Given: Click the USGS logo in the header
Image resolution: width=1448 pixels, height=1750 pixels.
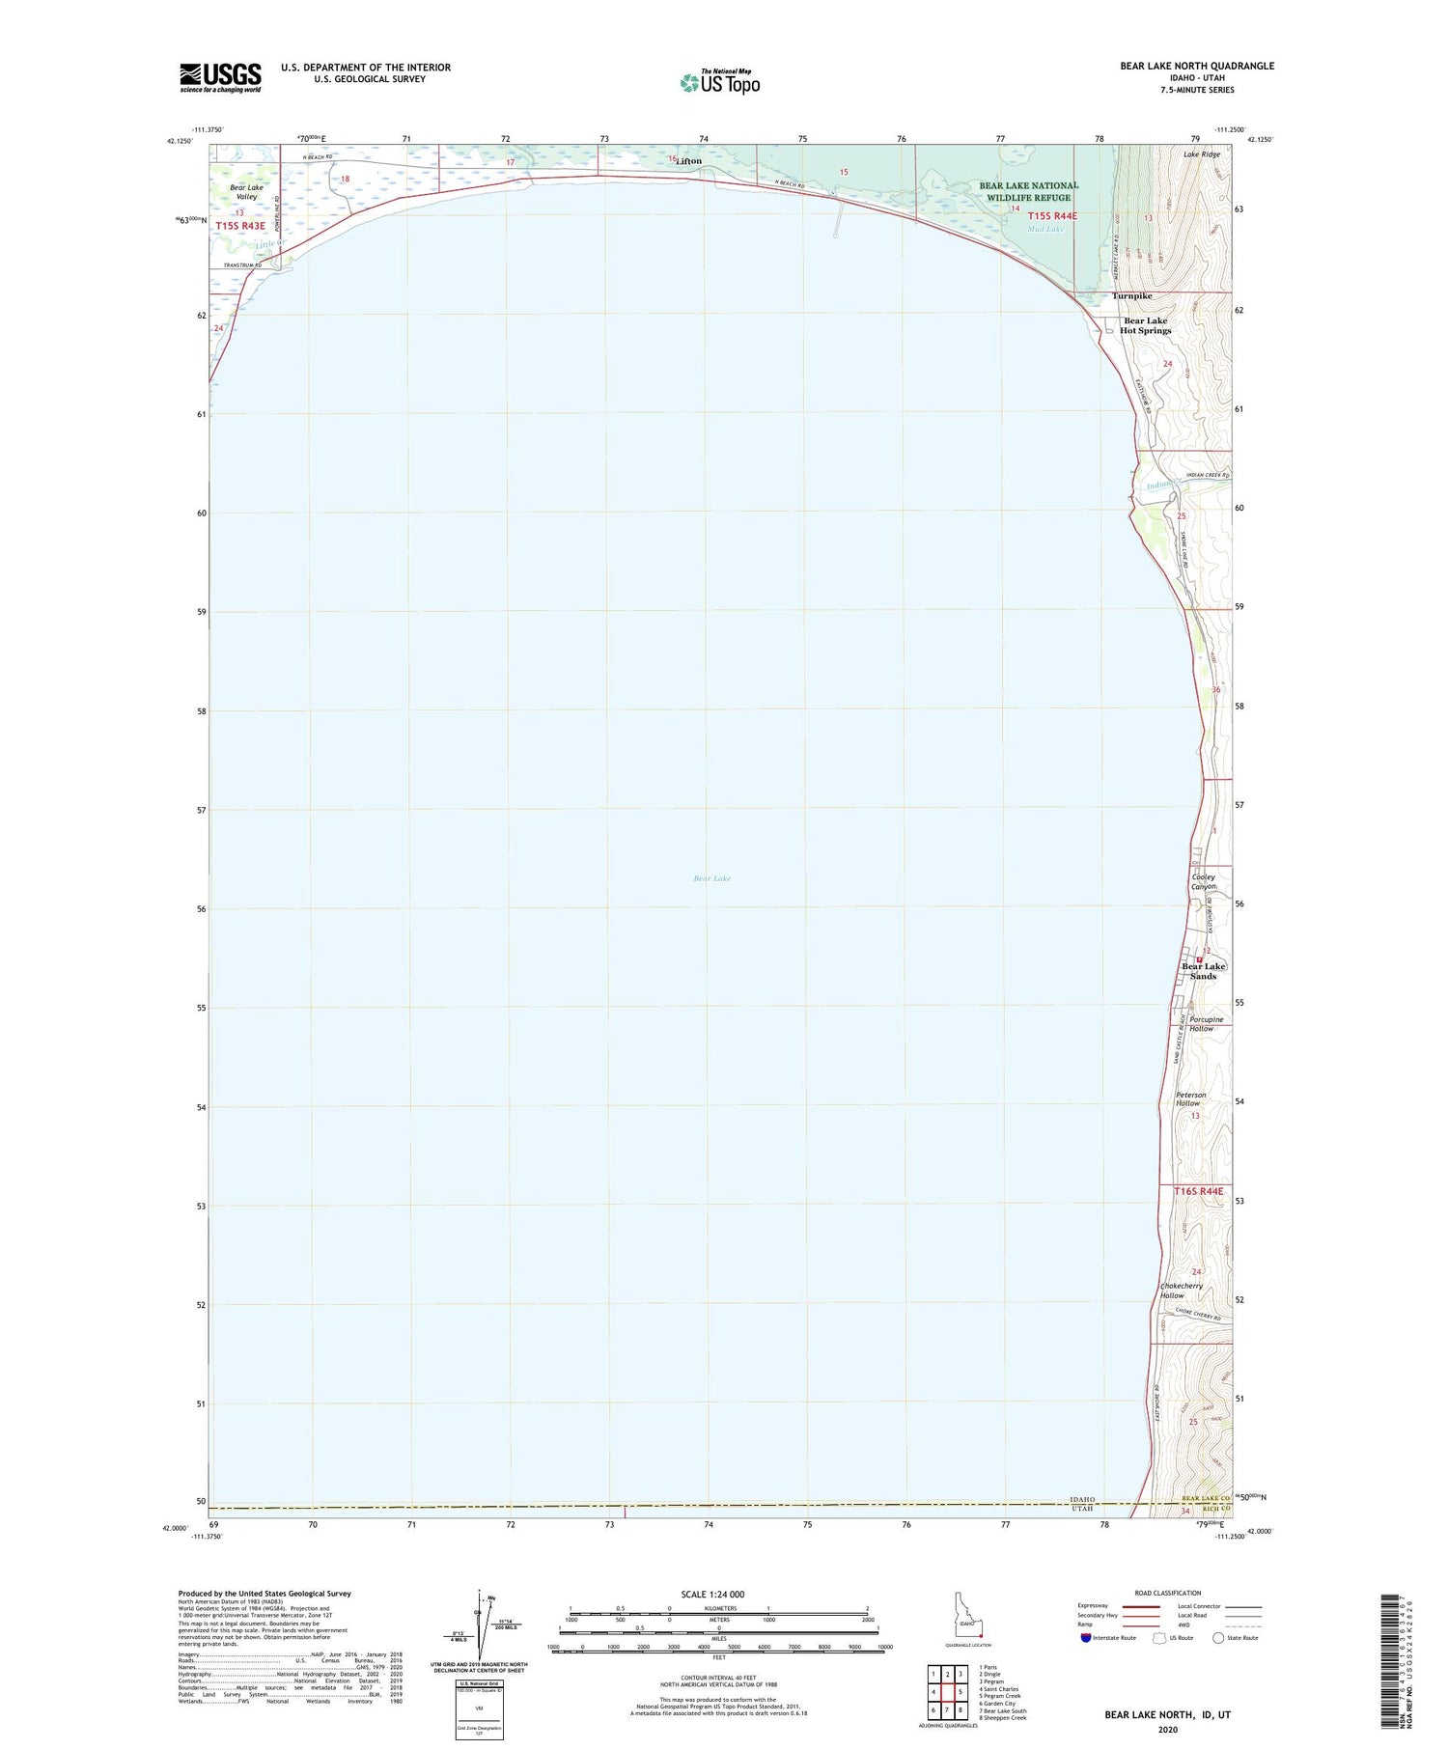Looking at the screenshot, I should tap(220, 77).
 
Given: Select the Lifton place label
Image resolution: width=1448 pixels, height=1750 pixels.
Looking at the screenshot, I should tap(688, 161).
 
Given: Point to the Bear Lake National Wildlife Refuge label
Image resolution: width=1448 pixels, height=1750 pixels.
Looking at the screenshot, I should tap(1029, 191).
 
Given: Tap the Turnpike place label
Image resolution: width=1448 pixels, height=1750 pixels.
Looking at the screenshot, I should tap(1131, 296).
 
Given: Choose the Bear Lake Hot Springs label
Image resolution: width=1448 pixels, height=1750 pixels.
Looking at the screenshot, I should tap(1145, 325).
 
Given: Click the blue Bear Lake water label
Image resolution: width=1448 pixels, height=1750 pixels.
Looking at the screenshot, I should tap(712, 878).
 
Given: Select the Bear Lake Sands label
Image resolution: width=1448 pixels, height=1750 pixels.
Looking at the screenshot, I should tap(1203, 971).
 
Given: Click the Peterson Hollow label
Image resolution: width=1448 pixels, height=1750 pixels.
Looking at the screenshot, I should tap(1190, 1099).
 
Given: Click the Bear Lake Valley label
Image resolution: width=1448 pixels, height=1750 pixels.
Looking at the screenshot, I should tap(246, 191).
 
